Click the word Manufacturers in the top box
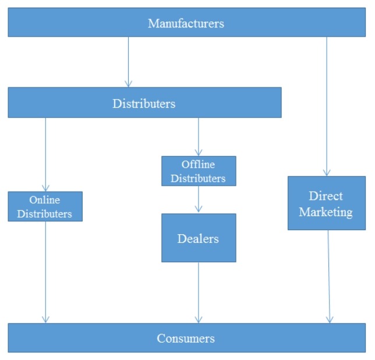click(x=186, y=23)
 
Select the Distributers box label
click(x=144, y=104)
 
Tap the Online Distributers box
click(x=45, y=207)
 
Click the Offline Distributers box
click(x=199, y=171)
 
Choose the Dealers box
click(x=199, y=238)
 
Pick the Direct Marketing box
click(x=326, y=204)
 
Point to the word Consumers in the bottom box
click(x=186, y=338)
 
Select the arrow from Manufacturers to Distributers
click(x=128, y=62)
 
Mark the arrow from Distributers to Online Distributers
click(x=45, y=154)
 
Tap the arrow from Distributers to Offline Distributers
click(x=199, y=137)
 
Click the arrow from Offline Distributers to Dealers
click(x=199, y=200)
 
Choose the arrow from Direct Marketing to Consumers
click(x=328, y=276)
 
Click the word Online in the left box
click(x=45, y=200)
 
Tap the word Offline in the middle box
click(x=199, y=164)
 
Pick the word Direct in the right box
click(x=326, y=196)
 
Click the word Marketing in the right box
click(x=326, y=212)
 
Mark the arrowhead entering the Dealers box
click(x=199, y=209)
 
